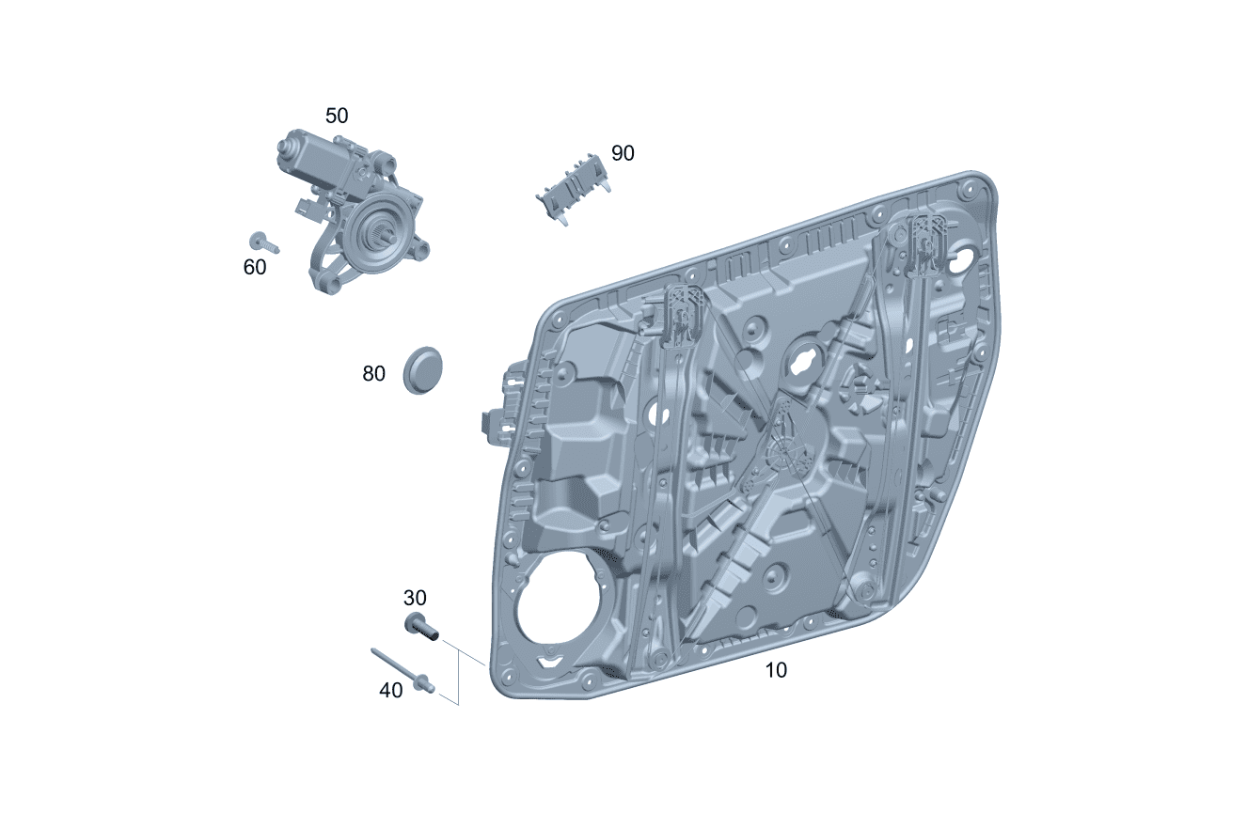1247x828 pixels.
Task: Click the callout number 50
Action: [x=337, y=116]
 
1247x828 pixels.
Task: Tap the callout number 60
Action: [x=255, y=267]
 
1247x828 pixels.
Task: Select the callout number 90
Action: [x=623, y=153]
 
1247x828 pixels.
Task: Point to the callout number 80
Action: [x=373, y=373]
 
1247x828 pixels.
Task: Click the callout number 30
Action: [x=415, y=598]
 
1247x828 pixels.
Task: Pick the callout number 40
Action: [x=391, y=690]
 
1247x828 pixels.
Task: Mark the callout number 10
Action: [x=776, y=670]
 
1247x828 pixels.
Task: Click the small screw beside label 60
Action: [x=264, y=242]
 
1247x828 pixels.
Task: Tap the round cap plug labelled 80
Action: [x=422, y=370]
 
